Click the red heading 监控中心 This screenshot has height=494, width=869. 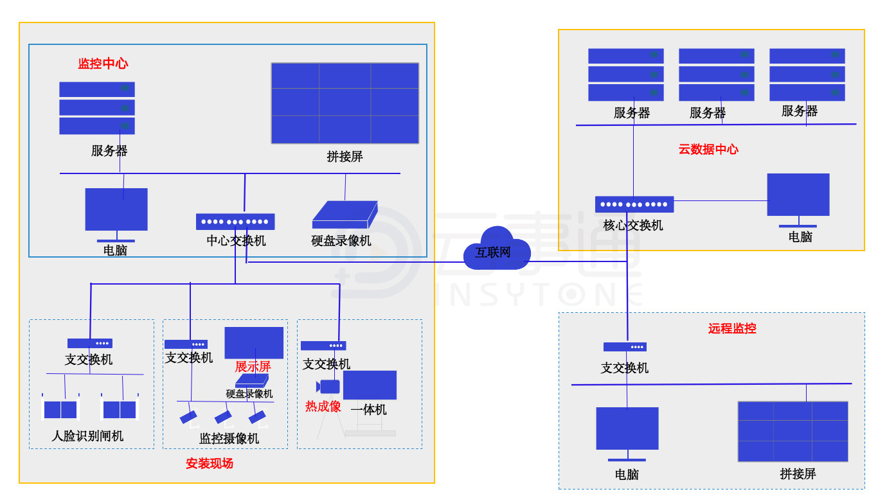pos(103,64)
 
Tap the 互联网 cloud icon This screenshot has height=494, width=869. pos(497,249)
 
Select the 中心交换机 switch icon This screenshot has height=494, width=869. pos(235,222)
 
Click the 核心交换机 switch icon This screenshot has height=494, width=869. pos(634,204)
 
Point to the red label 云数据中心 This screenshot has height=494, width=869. pos(708,150)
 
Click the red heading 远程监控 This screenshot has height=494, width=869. pos(732,329)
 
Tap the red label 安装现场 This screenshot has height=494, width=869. pos(210,463)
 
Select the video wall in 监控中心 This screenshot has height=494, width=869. pos(345,103)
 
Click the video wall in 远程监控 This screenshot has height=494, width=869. pos(793,431)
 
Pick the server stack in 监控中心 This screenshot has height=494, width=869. pos(97,108)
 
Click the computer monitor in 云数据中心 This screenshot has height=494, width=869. pos(798,196)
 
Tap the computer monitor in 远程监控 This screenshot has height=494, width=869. pos(627,430)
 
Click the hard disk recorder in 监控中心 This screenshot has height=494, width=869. pos(345,215)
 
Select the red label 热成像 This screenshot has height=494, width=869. pos(323,407)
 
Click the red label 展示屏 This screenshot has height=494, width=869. pos(253,367)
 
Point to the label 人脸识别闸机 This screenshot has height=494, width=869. pos(87,436)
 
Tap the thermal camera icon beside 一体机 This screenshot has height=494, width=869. pos(328,386)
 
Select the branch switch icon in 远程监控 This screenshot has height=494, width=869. pos(625,347)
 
